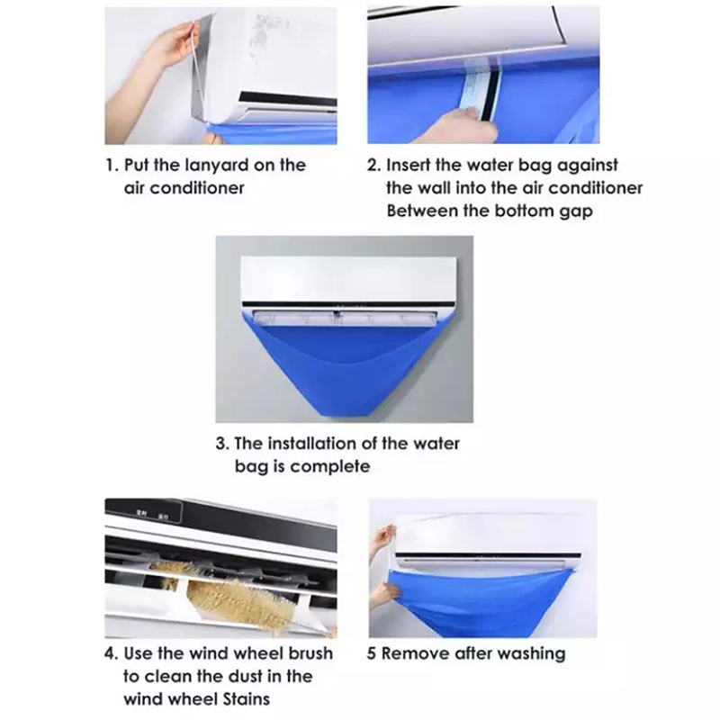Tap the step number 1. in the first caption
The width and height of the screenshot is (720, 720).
(112, 166)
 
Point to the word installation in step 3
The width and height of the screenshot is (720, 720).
(311, 444)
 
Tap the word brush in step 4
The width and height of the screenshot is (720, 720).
(310, 653)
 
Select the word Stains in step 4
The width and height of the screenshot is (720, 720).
(246, 699)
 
